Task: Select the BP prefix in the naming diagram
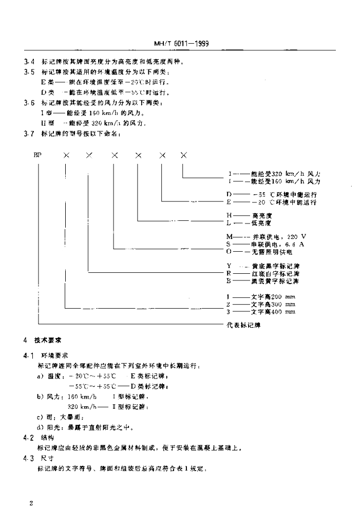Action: point(37,154)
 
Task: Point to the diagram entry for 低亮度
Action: point(258,223)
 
